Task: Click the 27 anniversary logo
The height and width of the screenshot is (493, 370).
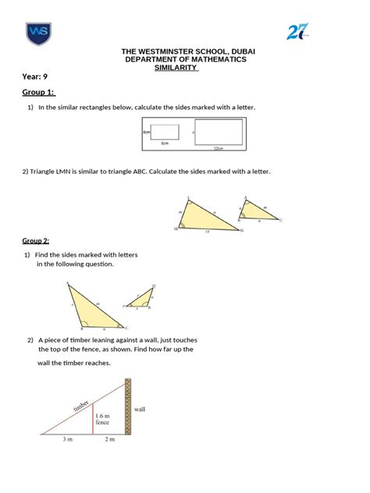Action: click(x=298, y=32)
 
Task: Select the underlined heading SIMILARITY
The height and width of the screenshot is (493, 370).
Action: click(x=176, y=68)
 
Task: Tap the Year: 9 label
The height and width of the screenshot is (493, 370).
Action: click(x=35, y=77)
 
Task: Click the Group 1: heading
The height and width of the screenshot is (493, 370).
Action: click(x=39, y=94)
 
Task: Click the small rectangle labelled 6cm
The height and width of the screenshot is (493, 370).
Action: click(x=165, y=133)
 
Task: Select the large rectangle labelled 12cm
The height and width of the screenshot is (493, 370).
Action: click(x=219, y=132)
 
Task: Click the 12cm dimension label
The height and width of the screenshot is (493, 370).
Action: click(x=219, y=147)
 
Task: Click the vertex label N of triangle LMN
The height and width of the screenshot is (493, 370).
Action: click(x=242, y=230)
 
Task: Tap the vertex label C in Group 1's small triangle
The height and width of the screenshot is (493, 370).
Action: click(x=281, y=221)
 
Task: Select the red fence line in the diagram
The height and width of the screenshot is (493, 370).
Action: click(x=93, y=419)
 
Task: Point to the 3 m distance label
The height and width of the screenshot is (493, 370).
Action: click(x=69, y=440)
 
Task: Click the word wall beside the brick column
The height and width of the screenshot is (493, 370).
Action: click(x=140, y=409)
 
